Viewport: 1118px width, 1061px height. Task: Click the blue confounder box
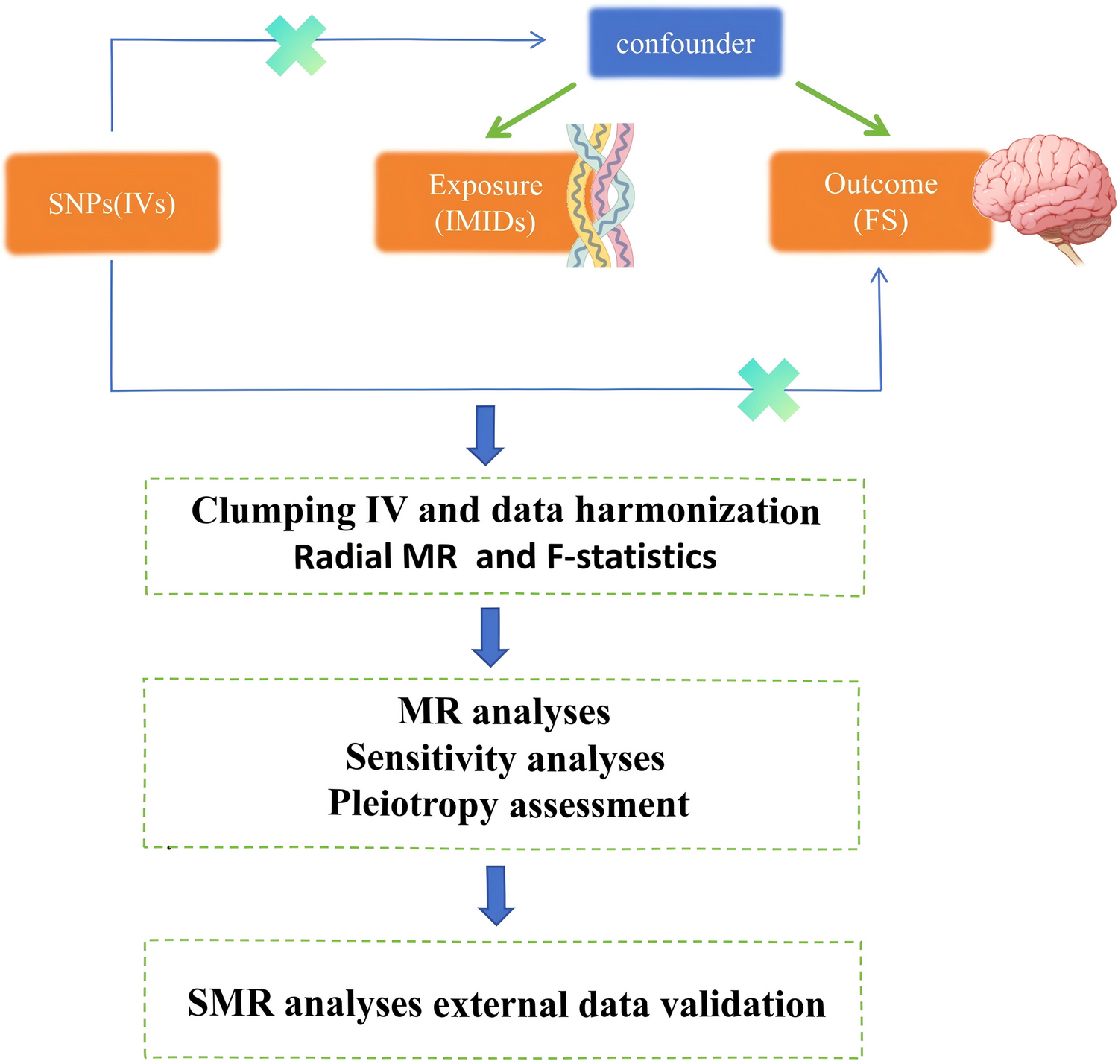click(x=685, y=43)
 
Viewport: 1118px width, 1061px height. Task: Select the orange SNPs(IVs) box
click(x=112, y=203)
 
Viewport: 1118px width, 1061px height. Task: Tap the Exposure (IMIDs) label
click(x=485, y=203)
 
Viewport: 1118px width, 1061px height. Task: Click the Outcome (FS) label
click(x=880, y=202)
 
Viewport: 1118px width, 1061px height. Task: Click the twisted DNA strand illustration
click(x=601, y=195)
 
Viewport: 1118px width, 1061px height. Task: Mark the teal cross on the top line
click(x=296, y=45)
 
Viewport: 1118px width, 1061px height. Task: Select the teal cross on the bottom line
click(x=768, y=390)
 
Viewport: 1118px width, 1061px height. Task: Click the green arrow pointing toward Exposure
click(x=530, y=111)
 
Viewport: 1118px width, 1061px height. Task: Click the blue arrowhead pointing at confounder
click(x=538, y=40)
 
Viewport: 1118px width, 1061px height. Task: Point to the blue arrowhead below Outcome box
click(x=879, y=276)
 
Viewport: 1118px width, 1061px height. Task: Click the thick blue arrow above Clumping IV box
click(x=485, y=435)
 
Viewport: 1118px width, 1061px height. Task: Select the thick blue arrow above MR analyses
click(x=490, y=637)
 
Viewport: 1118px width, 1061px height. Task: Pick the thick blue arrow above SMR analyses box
click(x=496, y=895)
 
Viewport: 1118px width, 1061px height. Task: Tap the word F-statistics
click(x=631, y=557)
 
